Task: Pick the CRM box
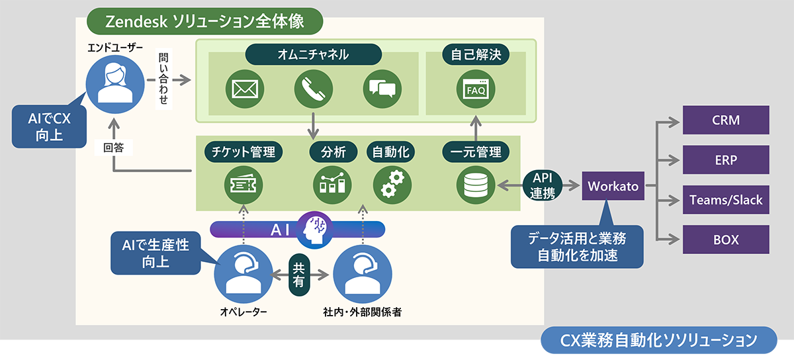click(726, 120)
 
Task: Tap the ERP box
click(726, 160)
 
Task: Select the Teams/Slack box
click(726, 200)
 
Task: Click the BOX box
click(726, 240)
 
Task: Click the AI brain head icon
click(316, 228)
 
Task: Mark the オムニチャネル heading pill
click(314, 54)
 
